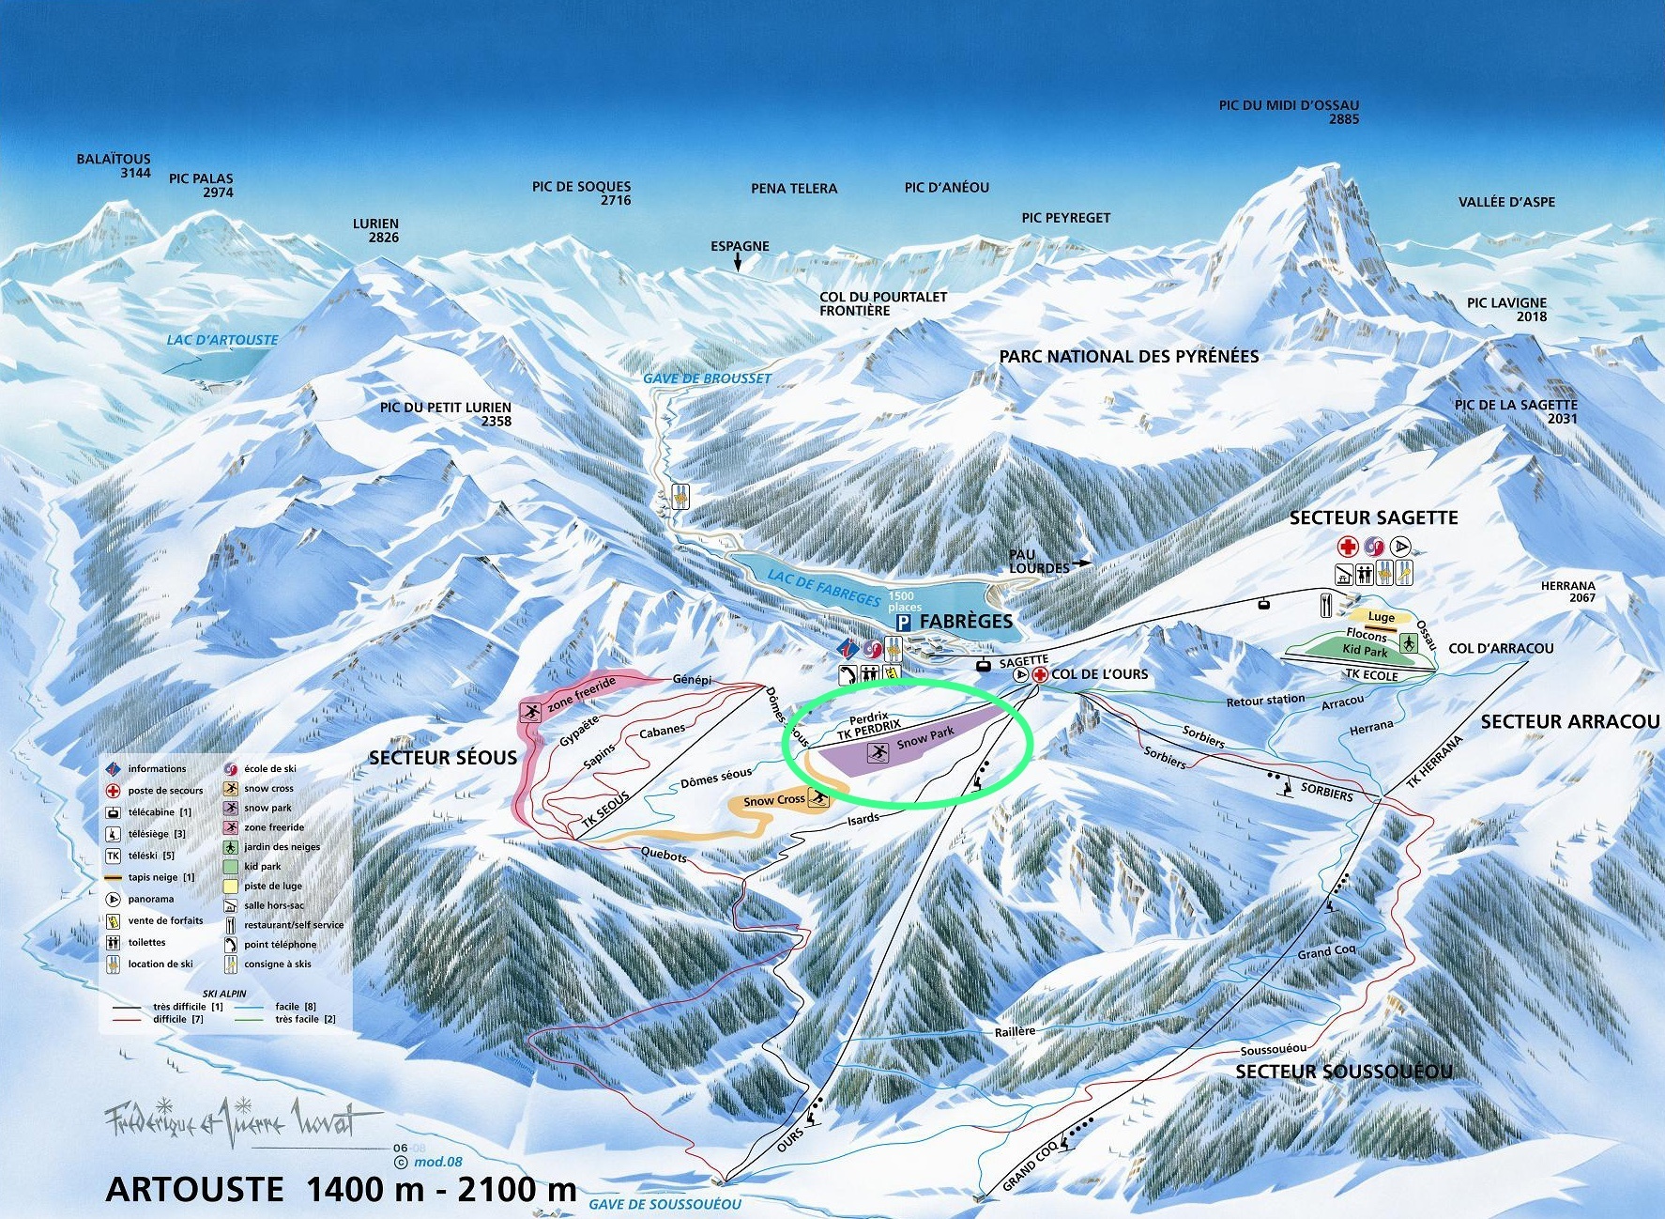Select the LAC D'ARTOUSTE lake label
(x=222, y=340)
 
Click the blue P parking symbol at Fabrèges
(x=904, y=623)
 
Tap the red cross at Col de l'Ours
(x=1040, y=675)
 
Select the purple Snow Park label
(x=924, y=738)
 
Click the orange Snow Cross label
(x=775, y=801)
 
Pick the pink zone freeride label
(x=581, y=693)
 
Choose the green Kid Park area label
(x=1364, y=651)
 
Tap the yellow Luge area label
(x=1381, y=617)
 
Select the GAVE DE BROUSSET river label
(x=707, y=378)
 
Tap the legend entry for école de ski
(x=269, y=768)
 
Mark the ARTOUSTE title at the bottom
(x=194, y=1189)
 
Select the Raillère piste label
(x=1015, y=1031)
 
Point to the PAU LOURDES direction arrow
(x=1081, y=563)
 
